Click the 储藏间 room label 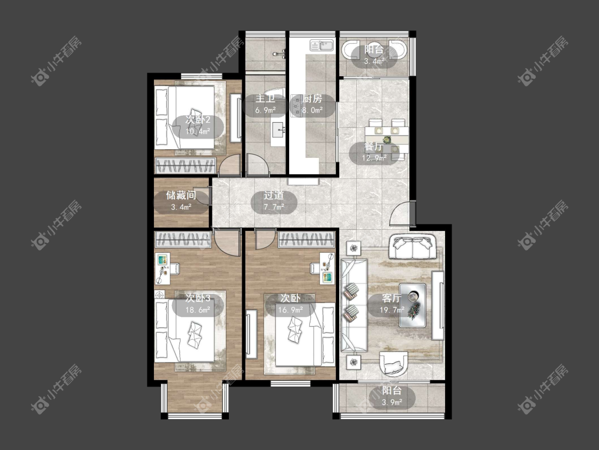pyautogui.click(x=181, y=196)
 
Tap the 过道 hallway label pyautogui.click(x=274, y=196)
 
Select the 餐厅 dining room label pyautogui.click(x=374, y=147)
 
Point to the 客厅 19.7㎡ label pyautogui.click(x=391, y=304)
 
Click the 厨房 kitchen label pyautogui.click(x=313, y=99)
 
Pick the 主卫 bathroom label pyautogui.click(x=265, y=99)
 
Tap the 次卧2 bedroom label pyautogui.click(x=198, y=120)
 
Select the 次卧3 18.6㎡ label pyautogui.click(x=198, y=304)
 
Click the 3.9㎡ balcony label pyautogui.click(x=392, y=402)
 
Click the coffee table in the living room pyautogui.click(x=413, y=305)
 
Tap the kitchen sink pyautogui.click(x=322, y=45)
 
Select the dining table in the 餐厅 pyautogui.click(x=387, y=136)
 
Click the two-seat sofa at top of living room pyautogui.click(x=413, y=247)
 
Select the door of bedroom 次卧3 pyautogui.click(x=227, y=242)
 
